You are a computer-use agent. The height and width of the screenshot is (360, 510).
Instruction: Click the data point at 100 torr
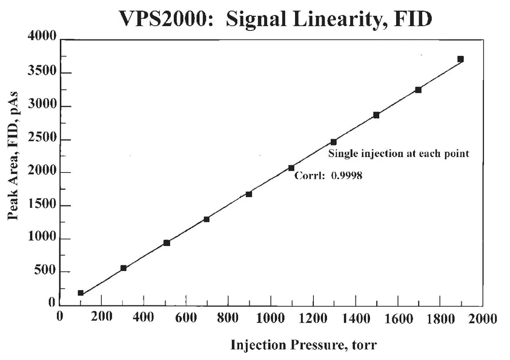(x=81, y=293)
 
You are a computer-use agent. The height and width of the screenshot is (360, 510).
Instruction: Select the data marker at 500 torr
(x=167, y=242)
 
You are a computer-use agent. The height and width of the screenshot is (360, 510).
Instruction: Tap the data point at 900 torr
(x=249, y=194)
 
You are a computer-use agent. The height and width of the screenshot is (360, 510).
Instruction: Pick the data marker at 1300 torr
(x=334, y=142)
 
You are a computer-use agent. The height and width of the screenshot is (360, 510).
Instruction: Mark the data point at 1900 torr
(x=460, y=59)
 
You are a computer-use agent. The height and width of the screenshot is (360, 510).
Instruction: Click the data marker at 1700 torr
(x=418, y=90)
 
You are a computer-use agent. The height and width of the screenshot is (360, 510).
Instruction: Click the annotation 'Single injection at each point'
(x=399, y=153)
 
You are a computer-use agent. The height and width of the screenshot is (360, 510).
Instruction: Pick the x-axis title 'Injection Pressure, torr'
(x=303, y=345)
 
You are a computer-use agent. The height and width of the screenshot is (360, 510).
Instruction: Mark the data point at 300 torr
(x=124, y=268)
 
